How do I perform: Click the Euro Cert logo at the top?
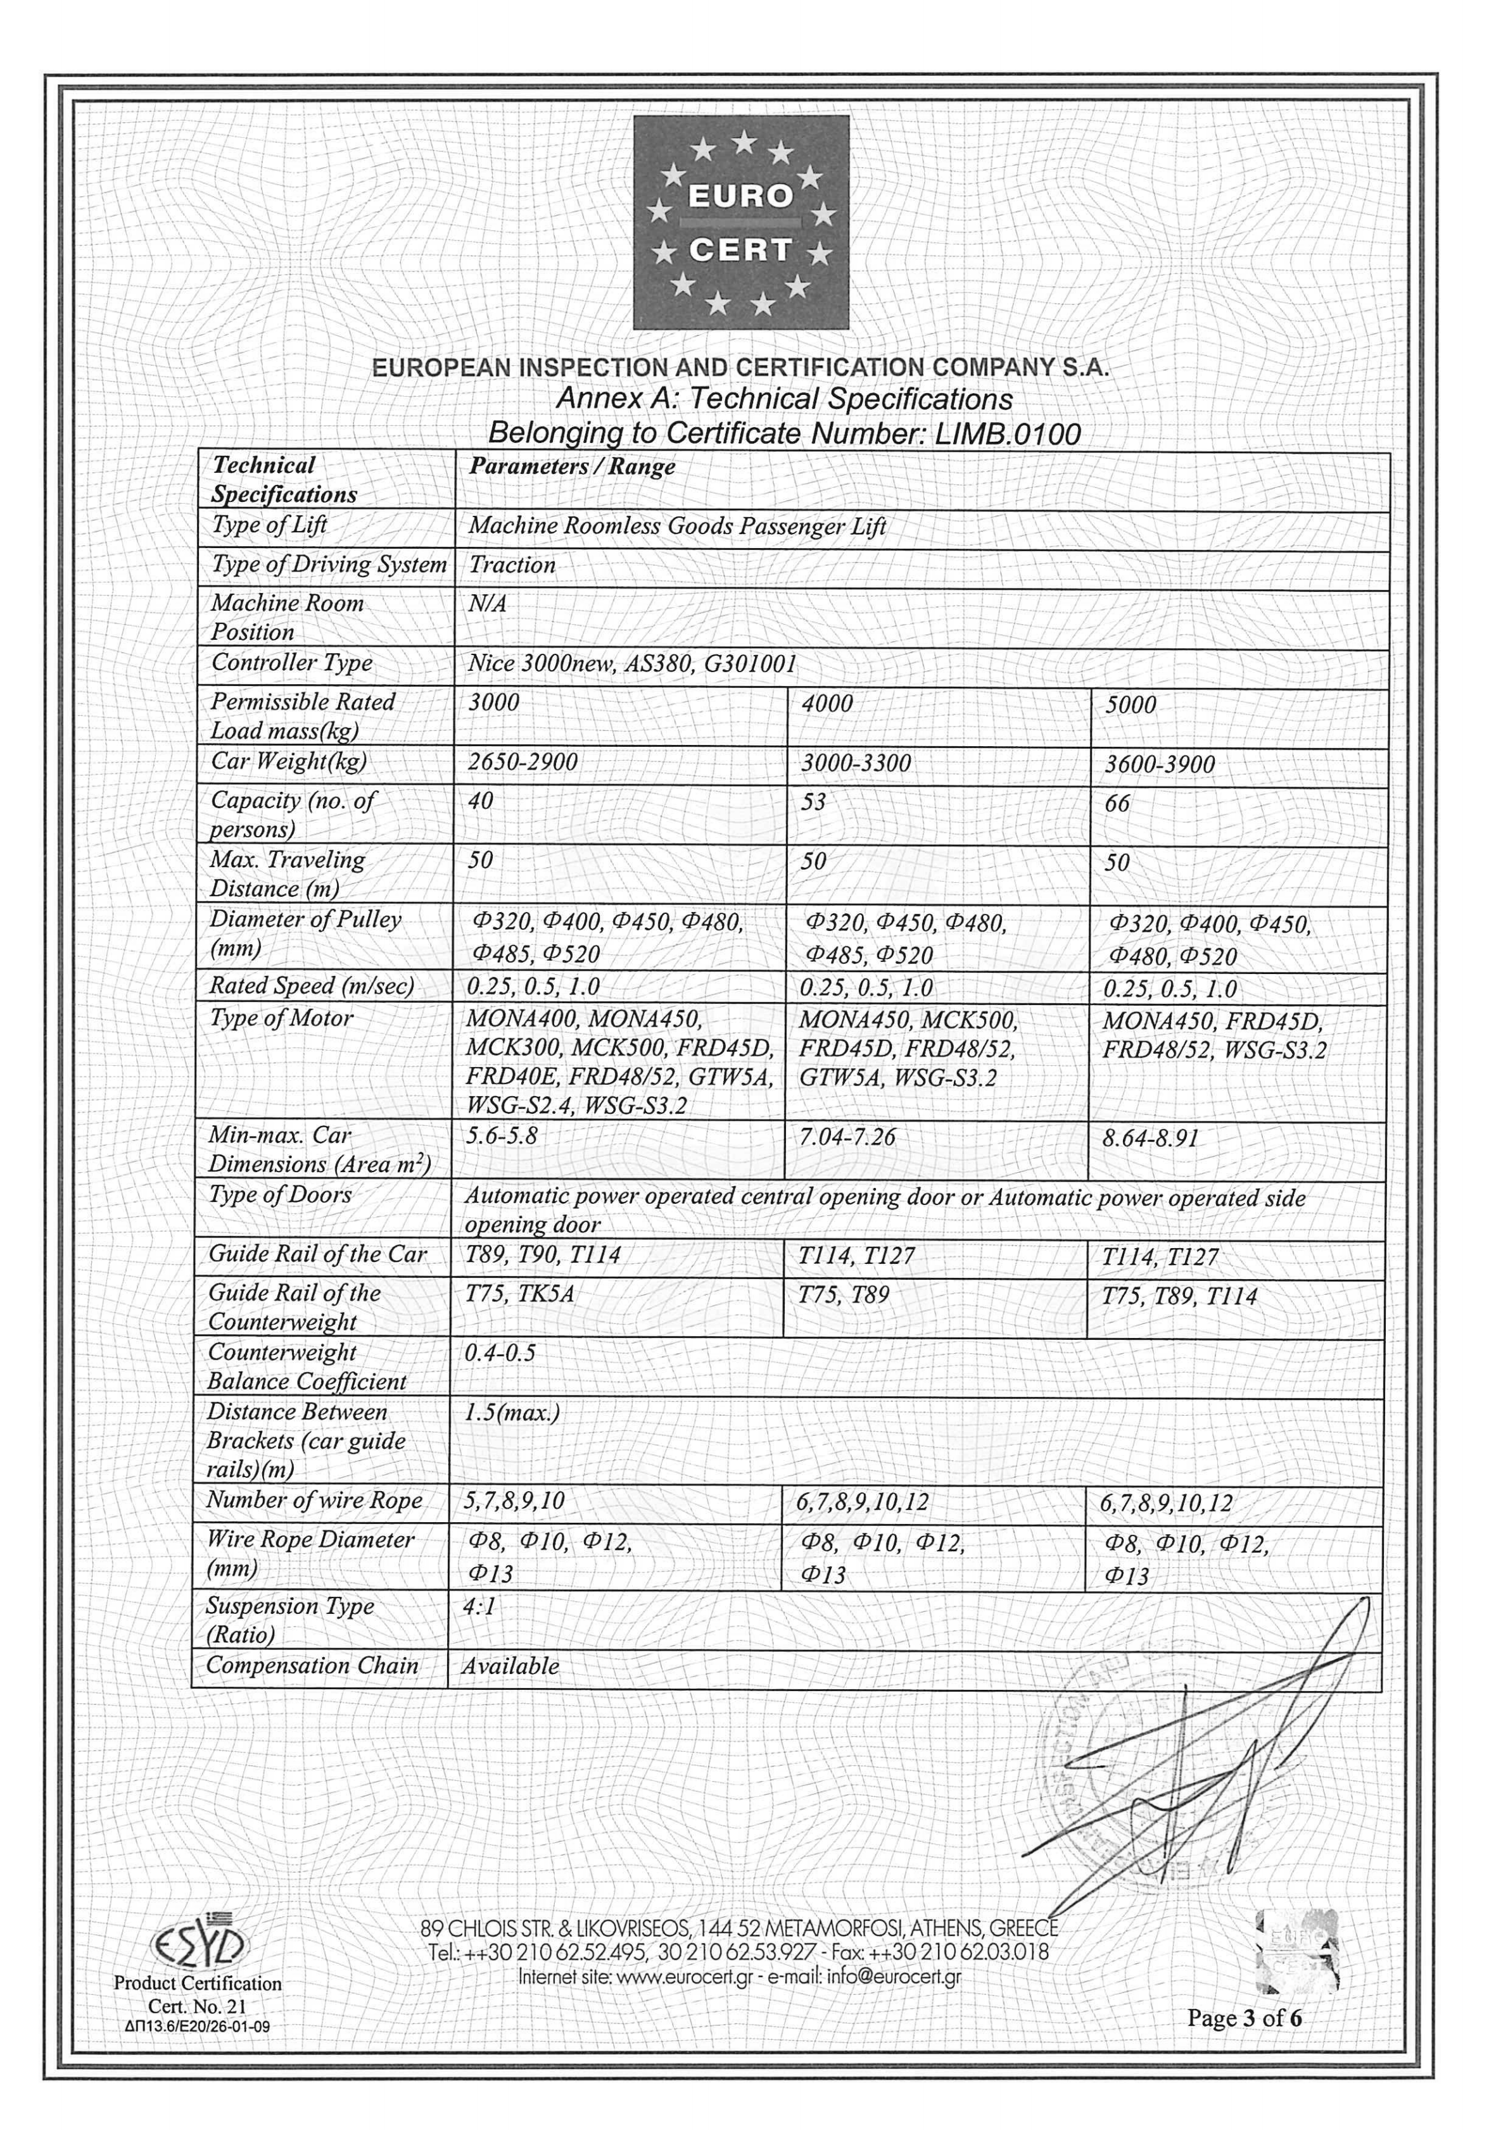tap(741, 223)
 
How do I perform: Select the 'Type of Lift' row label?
tap(269, 525)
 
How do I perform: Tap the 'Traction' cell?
tap(512, 565)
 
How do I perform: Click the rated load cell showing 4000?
tap(827, 704)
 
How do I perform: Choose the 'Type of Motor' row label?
tap(281, 1018)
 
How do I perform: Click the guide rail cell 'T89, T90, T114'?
tap(542, 1256)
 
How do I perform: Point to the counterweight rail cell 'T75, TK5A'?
tap(519, 1295)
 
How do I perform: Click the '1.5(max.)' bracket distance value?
tap(512, 1413)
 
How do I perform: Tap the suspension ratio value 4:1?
tap(479, 1605)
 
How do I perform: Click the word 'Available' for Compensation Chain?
tap(510, 1666)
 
